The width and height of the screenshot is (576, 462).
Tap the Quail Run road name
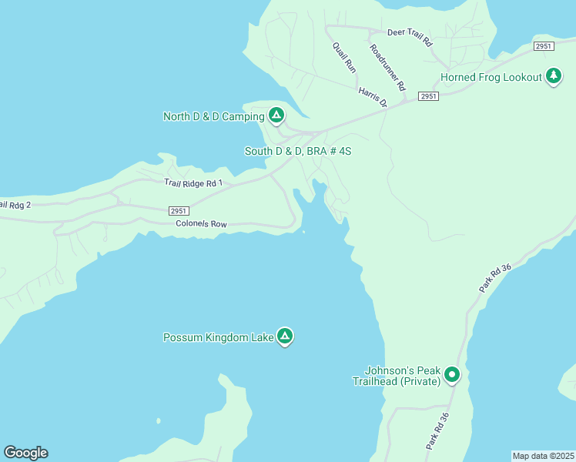[344, 57]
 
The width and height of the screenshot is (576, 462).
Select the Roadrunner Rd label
[387, 68]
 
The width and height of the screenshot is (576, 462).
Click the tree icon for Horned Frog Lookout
[553, 76]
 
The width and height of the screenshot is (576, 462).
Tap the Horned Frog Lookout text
[491, 78]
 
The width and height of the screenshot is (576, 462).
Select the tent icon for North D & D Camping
[276, 116]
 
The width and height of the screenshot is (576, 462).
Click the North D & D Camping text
[213, 117]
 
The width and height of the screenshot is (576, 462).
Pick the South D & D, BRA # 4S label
[298, 151]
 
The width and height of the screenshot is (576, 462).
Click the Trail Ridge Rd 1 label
[193, 183]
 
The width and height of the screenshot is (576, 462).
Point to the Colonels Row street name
[201, 224]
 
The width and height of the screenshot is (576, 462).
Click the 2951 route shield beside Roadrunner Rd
[429, 96]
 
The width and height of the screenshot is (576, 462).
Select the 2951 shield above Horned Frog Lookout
[544, 46]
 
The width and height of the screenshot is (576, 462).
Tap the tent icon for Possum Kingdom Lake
[285, 336]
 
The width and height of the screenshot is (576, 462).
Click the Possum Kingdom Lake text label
[219, 337]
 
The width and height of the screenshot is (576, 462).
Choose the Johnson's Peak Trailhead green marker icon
[452, 375]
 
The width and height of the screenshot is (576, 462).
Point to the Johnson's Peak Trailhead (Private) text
[397, 375]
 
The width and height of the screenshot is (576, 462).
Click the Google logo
[25, 453]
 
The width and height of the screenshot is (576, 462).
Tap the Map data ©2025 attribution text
[543, 456]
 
